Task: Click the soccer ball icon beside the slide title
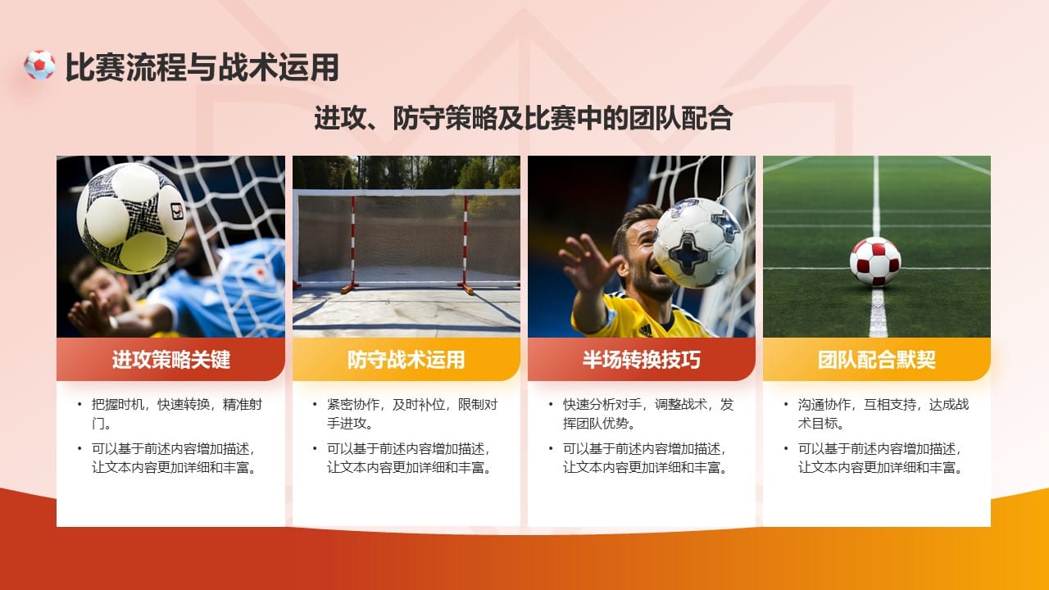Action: point(39,66)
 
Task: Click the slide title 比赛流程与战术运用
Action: point(202,67)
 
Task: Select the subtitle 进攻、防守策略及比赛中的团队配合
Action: point(523,118)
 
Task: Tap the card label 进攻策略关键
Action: point(170,360)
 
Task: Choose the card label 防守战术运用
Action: point(406,360)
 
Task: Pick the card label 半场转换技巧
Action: point(641,360)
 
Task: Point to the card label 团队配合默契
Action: point(876,360)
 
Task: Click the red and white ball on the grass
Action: point(874,261)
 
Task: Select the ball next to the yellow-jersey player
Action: point(697,243)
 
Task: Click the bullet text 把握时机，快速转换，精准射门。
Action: point(176,414)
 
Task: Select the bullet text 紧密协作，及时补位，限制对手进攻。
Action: point(411,414)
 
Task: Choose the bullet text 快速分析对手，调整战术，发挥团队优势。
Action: point(647,414)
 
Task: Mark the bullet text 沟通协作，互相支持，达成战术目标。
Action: point(883,414)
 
